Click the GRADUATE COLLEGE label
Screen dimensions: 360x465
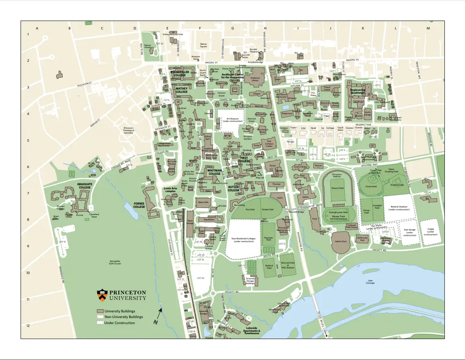(84, 186)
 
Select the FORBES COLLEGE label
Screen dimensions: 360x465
(139, 205)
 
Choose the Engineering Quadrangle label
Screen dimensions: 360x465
(358, 91)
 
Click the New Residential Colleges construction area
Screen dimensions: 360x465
(243, 240)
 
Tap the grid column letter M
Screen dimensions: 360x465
(428, 28)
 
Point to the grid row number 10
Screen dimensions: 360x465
(28, 273)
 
